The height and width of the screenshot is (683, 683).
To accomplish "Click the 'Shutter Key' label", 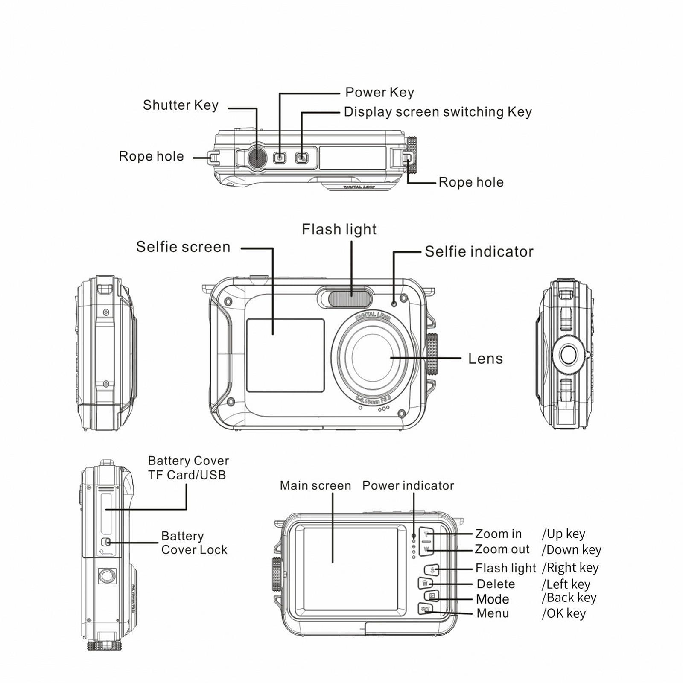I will (181, 105).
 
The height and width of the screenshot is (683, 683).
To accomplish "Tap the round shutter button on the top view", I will (257, 157).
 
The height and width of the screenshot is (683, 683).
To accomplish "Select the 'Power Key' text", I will (379, 92).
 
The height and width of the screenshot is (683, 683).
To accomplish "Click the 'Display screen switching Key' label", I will (438, 112).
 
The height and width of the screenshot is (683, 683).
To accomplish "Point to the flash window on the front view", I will (350, 298).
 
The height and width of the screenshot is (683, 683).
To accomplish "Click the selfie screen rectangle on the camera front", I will (285, 355).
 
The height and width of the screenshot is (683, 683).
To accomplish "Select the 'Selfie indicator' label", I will (479, 251).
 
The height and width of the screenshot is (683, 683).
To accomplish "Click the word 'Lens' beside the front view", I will (485, 359).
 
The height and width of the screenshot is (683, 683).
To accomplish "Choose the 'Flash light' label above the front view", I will (339, 229).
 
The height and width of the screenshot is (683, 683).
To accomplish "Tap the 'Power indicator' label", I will (408, 485).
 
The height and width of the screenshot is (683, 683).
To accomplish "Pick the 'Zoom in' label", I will (498, 534).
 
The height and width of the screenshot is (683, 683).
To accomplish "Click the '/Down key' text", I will (572, 550).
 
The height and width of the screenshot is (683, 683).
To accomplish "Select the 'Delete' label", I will (496, 584).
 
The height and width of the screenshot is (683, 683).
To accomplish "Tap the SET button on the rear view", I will (426, 609).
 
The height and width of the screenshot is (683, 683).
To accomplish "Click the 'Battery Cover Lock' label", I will (194, 543).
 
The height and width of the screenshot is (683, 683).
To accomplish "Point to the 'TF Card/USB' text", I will (187, 475).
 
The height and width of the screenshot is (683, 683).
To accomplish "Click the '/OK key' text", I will (563, 613).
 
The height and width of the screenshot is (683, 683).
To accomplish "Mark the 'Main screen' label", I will (315, 485).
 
